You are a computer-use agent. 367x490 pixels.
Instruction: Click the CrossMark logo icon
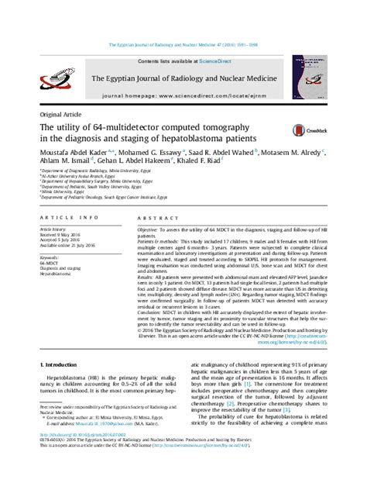point(299,133)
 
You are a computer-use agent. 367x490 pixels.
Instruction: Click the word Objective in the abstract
point(150,231)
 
